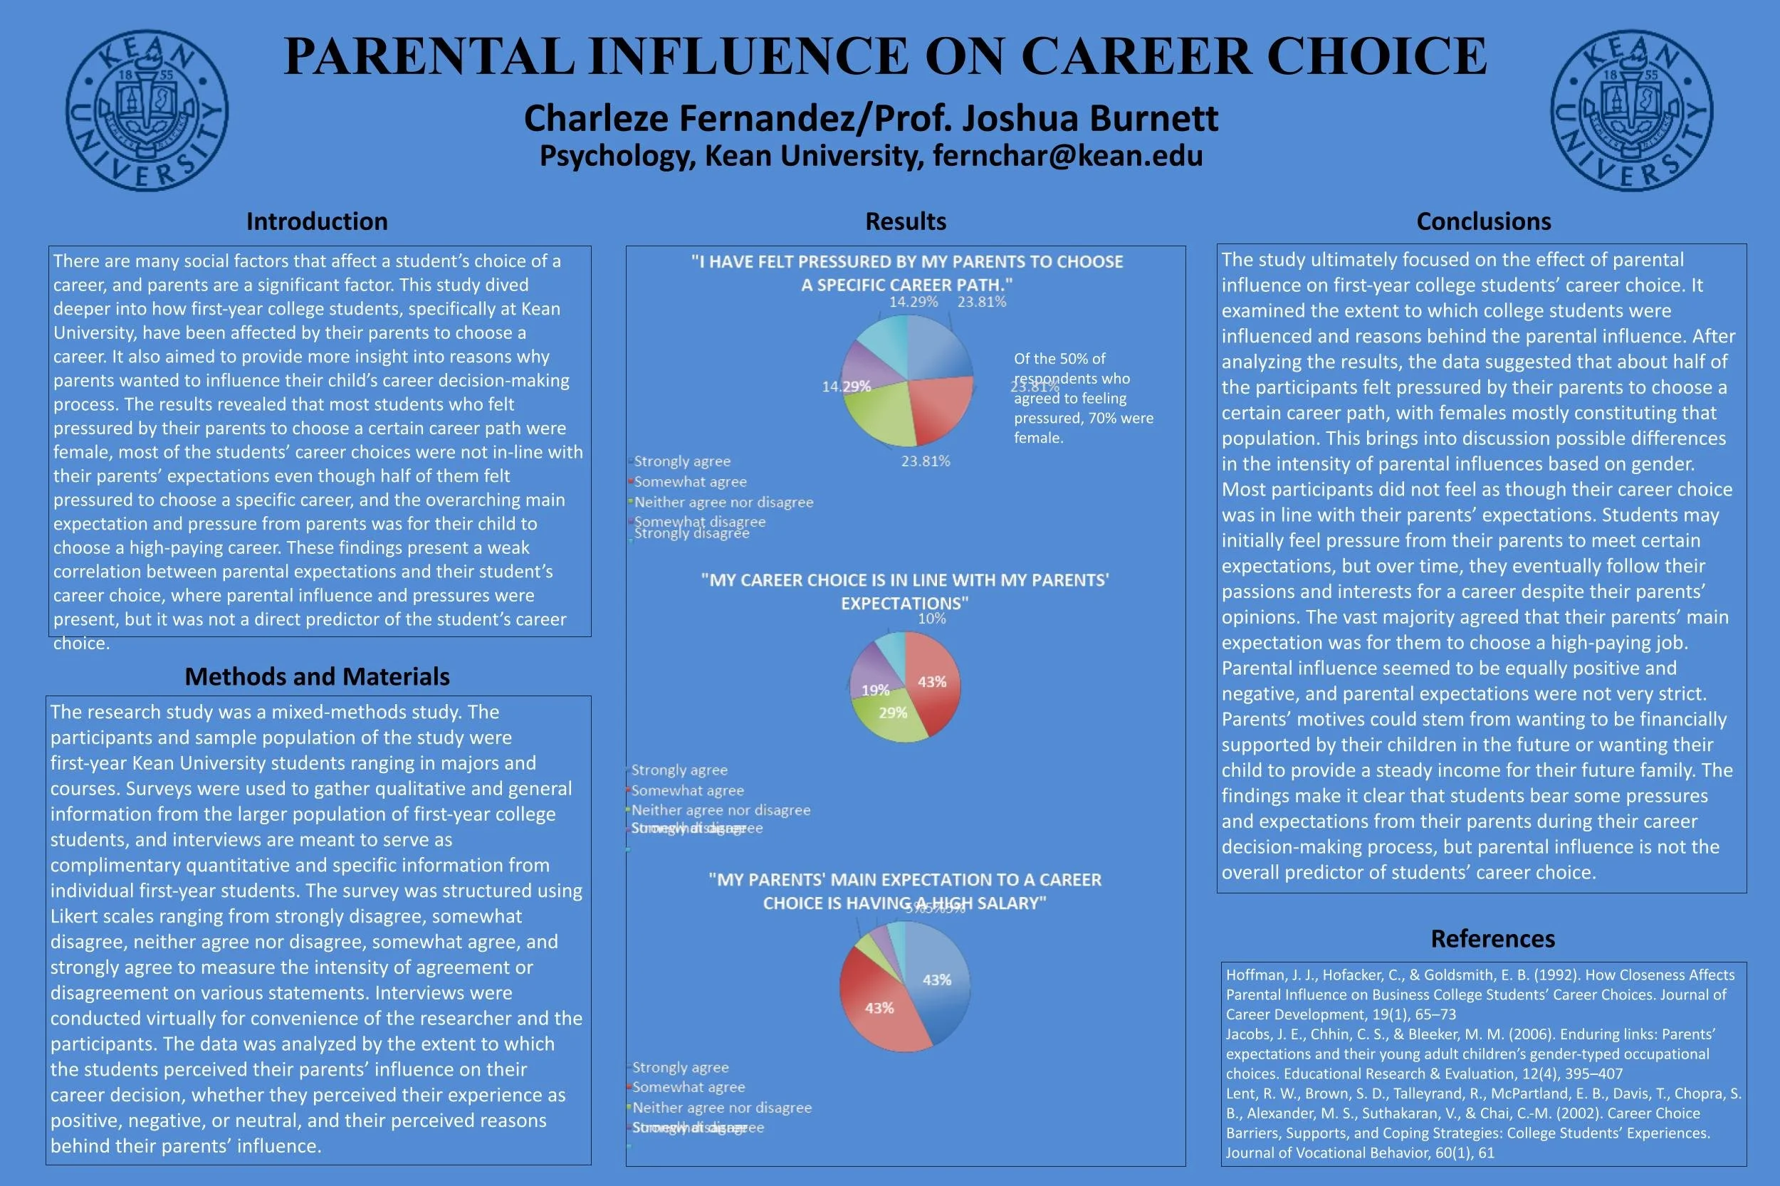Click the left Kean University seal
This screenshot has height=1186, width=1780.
(x=147, y=110)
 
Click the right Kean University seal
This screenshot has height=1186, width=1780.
(x=1632, y=110)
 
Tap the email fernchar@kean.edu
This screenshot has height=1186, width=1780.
(x=1067, y=156)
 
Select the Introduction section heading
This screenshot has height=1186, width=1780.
(x=317, y=221)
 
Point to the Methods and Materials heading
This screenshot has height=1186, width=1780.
(x=317, y=676)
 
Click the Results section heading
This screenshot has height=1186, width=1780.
(x=906, y=221)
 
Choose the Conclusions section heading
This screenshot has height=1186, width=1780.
(x=1484, y=221)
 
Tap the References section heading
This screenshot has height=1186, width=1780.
(x=1492, y=939)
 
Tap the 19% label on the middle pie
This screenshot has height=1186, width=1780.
(x=875, y=690)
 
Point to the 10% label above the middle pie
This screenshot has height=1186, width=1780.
(x=932, y=619)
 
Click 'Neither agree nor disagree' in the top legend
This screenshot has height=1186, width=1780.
(x=723, y=503)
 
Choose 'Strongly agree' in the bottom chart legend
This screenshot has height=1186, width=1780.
(x=680, y=1067)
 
